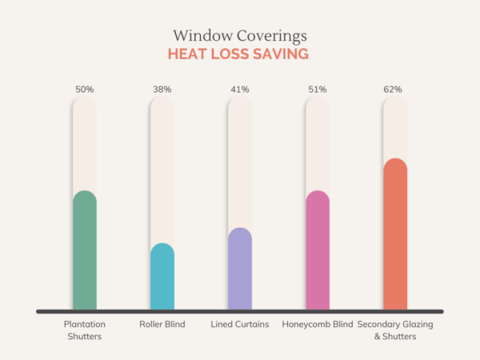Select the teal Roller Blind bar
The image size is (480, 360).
tap(162, 277)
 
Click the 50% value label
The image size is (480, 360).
tap(85, 89)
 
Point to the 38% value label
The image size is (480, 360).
tap(162, 89)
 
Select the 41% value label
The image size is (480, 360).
tap(240, 89)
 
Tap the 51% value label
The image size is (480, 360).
tap(318, 89)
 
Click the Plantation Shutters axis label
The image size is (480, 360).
tap(85, 330)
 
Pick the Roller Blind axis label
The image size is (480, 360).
tap(162, 324)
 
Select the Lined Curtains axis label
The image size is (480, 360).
tap(240, 324)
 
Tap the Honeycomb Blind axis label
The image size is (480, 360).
tap(318, 324)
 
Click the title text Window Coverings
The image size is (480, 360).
tap(240, 36)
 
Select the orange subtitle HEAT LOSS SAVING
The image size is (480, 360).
tap(240, 54)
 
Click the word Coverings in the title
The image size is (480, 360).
tap(273, 37)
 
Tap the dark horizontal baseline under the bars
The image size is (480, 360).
tap(240, 311)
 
